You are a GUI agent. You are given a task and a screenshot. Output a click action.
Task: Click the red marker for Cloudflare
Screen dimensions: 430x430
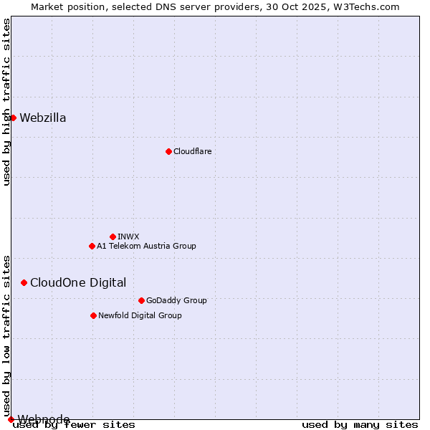[168, 151]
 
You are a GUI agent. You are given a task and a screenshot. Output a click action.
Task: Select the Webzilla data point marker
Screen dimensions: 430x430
[13, 118]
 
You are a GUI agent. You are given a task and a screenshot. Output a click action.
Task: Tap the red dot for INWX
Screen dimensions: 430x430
[113, 236]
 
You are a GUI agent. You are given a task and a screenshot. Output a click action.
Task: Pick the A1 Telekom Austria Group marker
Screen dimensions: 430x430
[92, 246]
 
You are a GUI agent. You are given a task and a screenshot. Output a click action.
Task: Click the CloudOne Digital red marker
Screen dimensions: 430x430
[24, 282]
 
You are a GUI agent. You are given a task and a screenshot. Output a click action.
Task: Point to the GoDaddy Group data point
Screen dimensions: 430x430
[141, 300]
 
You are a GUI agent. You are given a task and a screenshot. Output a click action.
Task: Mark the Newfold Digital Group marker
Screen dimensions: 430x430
[93, 315]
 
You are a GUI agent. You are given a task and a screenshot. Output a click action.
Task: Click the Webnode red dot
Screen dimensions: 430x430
[11, 419]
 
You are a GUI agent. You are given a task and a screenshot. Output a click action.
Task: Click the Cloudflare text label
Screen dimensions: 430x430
[192, 151]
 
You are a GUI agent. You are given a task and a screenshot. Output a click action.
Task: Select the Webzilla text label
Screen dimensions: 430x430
[43, 118]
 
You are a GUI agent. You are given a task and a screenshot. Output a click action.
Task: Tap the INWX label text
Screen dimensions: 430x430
[128, 236]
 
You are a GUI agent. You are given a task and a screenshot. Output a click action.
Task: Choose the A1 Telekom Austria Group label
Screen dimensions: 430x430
[146, 246]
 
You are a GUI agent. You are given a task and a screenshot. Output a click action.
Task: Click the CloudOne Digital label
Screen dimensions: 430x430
[78, 282]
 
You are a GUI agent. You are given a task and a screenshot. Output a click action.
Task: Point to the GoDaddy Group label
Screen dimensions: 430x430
[176, 300]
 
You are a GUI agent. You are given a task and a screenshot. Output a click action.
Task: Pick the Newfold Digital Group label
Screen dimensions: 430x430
[140, 315]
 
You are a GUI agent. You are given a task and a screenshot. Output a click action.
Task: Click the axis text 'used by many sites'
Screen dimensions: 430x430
[360, 424]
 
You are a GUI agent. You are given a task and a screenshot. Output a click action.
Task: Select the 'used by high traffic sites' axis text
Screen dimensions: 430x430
[6, 102]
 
